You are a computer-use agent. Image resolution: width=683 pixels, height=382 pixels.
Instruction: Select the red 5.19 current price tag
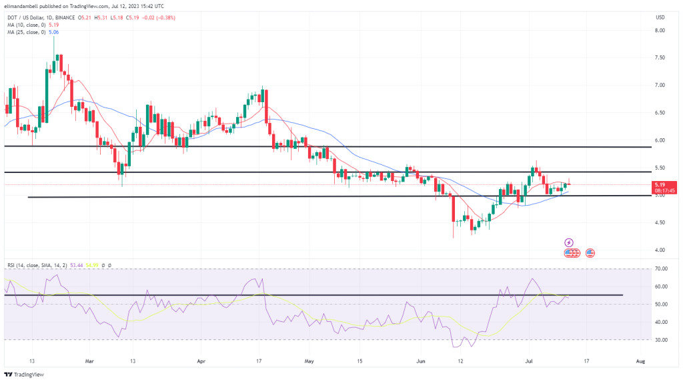(x=661, y=184)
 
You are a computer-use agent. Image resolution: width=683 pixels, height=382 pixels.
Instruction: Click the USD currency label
(x=661, y=17)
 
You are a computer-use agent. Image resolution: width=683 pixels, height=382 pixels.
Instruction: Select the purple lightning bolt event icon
(x=569, y=242)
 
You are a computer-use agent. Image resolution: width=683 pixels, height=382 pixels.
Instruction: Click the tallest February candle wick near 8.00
(x=53, y=41)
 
